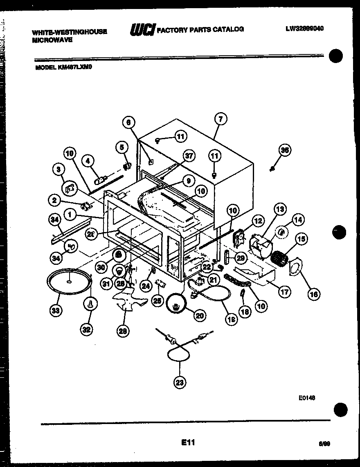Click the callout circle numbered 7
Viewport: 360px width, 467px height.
pos(220,119)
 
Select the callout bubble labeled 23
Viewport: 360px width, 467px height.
pos(179,382)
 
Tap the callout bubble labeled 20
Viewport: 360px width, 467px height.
pos(199,315)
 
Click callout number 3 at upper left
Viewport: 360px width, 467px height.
pos(59,169)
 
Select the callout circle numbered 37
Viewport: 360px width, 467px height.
pos(189,156)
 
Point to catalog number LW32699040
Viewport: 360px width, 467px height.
pos(304,29)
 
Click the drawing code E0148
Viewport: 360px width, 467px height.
pos(306,397)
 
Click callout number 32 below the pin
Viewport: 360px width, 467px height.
pos(87,329)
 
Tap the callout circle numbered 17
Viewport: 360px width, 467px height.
pos(285,292)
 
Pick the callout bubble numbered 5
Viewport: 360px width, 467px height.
pos(121,147)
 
